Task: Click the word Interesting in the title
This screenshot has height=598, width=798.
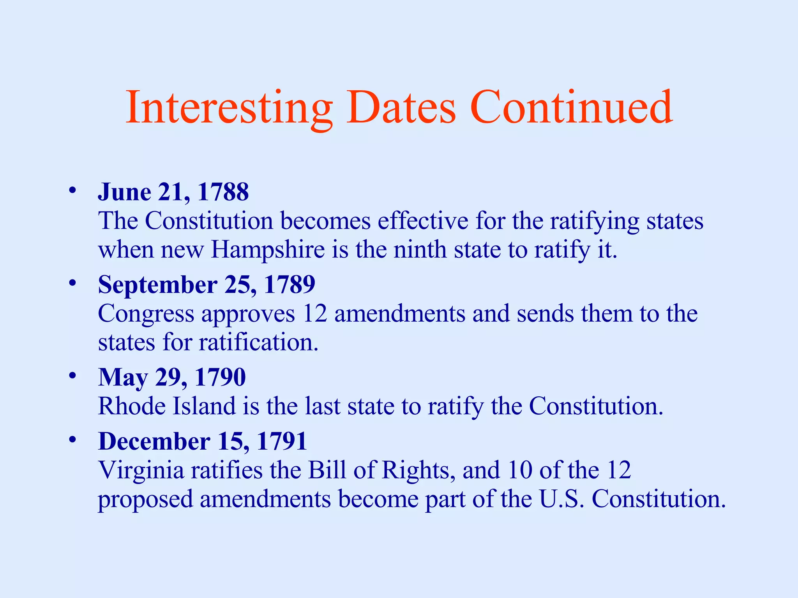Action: (229, 107)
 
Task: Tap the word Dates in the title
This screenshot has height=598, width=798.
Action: (401, 107)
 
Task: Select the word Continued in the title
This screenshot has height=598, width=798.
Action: (571, 107)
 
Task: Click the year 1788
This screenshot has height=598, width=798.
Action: (223, 192)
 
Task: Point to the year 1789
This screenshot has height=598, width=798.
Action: (290, 285)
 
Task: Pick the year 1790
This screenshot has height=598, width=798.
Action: (220, 377)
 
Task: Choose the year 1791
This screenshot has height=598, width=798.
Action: (282, 441)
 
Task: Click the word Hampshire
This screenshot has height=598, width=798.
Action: (268, 250)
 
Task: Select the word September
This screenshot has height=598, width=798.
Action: (157, 285)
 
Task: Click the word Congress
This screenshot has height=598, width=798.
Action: (146, 314)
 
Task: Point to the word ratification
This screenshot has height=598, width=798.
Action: (259, 342)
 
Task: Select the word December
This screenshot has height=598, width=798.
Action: (154, 441)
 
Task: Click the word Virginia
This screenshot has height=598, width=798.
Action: (141, 470)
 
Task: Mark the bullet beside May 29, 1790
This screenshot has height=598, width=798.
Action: (72, 376)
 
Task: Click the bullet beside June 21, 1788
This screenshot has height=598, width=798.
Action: (72, 191)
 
